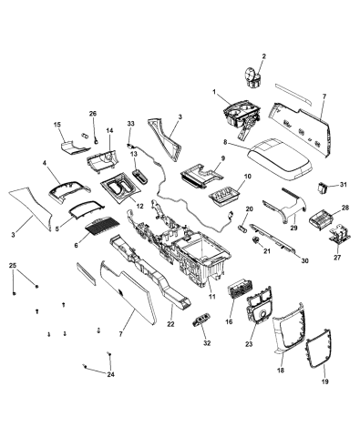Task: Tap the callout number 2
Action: [264, 56]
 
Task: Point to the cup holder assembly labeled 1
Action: [239, 118]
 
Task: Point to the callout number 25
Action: [13, 265]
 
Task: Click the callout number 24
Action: [111, 374]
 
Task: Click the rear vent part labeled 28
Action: [324, 221]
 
